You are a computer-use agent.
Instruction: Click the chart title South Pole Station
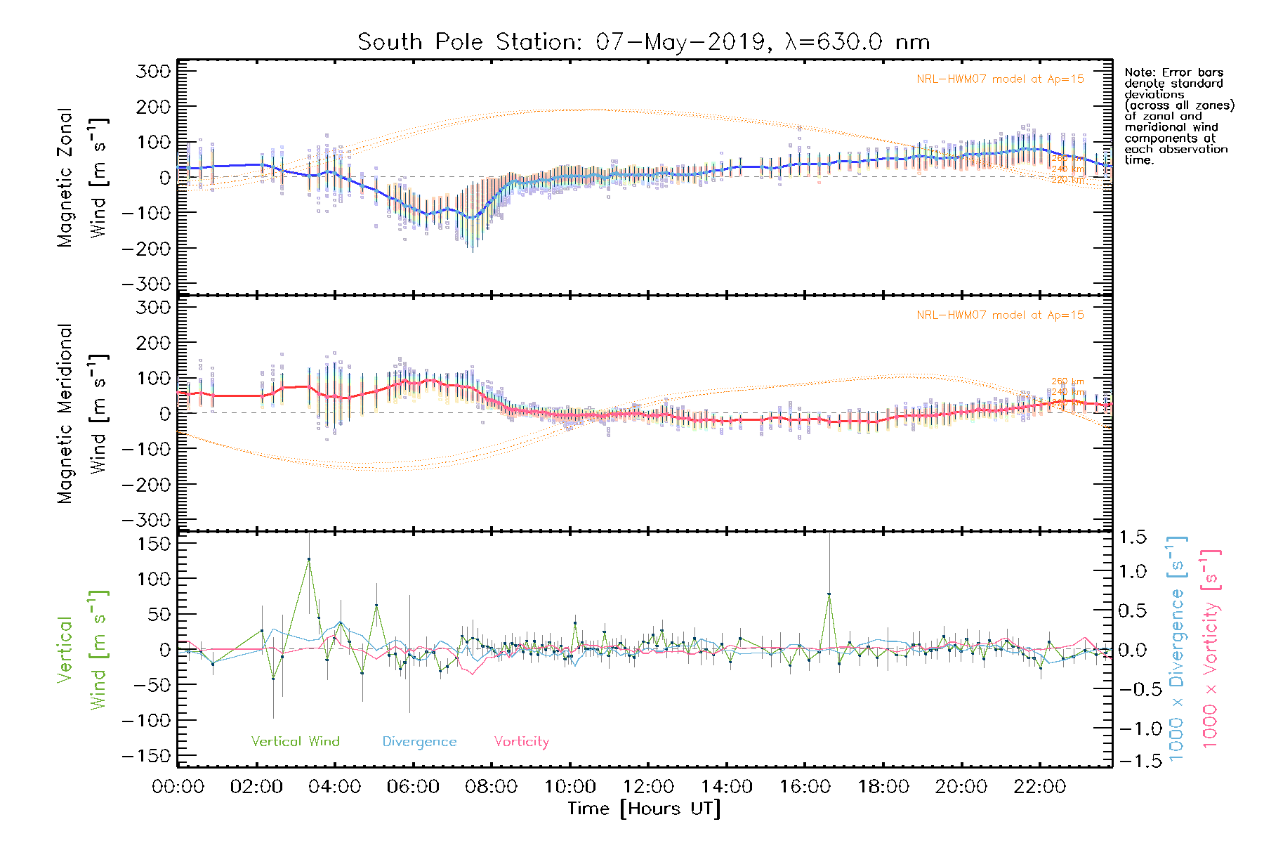(x=643, y=42)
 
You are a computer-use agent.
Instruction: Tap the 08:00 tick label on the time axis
(x=491, y=787)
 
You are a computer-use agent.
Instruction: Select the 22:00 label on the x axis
(x=1039, y=787)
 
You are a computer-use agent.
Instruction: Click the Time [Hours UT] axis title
(x=643, y=809)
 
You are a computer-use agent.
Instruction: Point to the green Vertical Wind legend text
(x=295, y=742)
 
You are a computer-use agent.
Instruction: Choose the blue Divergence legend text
(x=419, y=742)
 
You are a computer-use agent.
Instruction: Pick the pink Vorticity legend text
(x=521, y=742)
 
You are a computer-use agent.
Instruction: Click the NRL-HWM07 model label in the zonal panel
(x=1000, y=79)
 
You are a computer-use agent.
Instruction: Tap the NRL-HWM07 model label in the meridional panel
(x=1000, y=315)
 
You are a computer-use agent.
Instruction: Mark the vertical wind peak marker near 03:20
(x=308, y=559)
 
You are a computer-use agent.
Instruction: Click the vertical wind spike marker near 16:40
(x=829, y=594)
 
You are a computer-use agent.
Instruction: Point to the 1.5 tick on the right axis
(x=1133, y=537)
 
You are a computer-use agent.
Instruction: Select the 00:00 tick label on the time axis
(x=178, y=787)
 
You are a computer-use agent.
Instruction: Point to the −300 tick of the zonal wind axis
(x=146, y=285)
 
